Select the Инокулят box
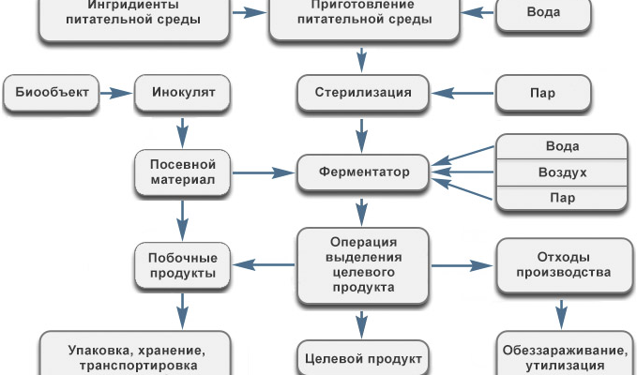183,94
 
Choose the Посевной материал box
183,172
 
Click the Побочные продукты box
183,265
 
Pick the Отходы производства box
561,265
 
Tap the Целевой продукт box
361,358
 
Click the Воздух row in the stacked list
562,173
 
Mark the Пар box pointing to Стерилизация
543,94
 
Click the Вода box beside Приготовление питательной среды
543,14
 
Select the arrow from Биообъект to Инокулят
113,94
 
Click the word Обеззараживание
561,351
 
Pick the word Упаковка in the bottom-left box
99,351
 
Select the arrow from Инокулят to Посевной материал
183,132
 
